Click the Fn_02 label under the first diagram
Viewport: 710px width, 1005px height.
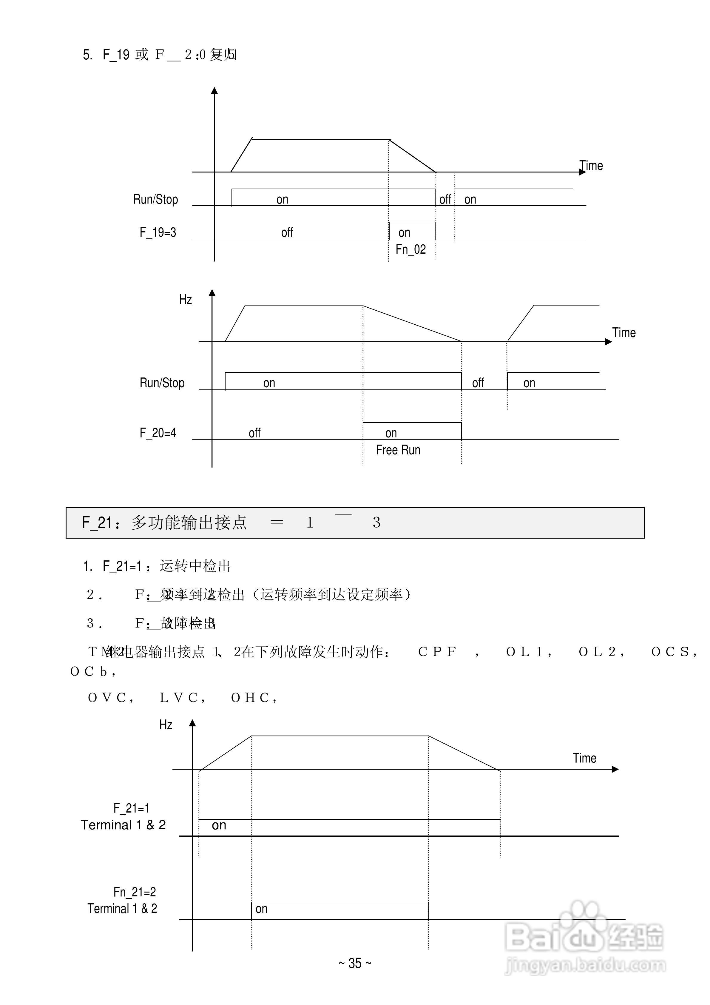pos(410,249)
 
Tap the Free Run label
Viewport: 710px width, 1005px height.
pos(398,450)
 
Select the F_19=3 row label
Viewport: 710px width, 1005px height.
pos(158,232)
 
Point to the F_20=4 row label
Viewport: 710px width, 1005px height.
pos(158,433)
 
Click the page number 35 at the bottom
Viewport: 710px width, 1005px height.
pos(355,963)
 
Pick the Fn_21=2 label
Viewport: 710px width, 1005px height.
pos(134,892)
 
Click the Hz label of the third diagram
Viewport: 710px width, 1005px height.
pos(166,725)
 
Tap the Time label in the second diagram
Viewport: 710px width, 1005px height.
pos(624,333)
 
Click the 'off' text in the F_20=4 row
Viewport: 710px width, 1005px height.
pos(254,433)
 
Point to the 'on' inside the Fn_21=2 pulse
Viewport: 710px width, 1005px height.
pos(261,909)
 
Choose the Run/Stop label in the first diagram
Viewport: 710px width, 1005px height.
pos(155,200)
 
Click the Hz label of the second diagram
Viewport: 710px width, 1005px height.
pos(185,299)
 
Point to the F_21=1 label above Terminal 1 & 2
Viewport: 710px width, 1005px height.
pos(131,807)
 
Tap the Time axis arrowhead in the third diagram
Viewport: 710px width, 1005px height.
pos(615,769)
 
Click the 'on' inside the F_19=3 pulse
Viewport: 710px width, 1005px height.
pos(404,232)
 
